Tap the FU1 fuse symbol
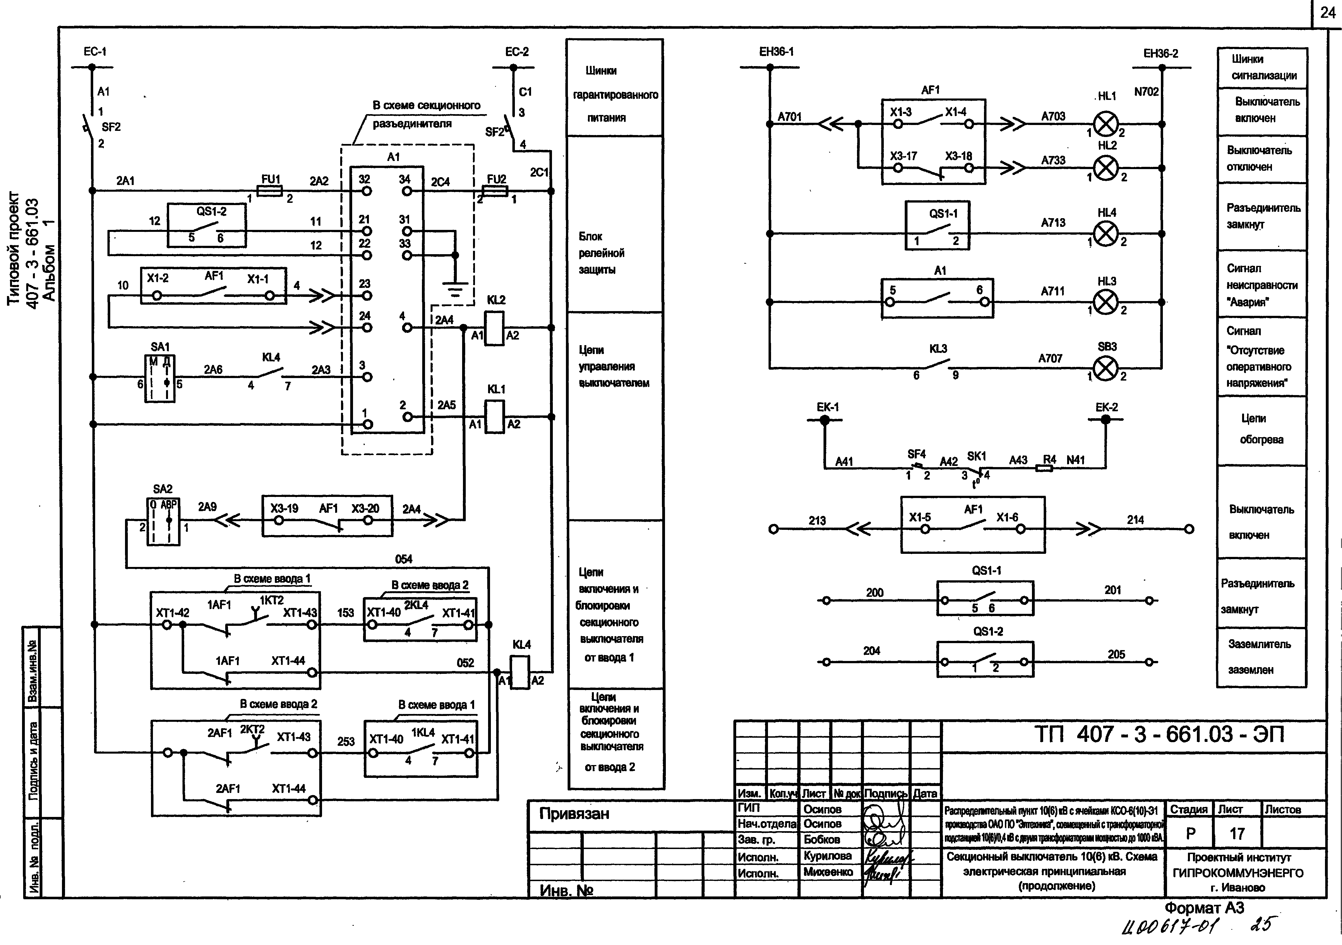coord(270,191)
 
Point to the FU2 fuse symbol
coord(495,191)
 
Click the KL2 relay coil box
coord(494,328)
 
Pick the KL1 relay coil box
coord(494,417)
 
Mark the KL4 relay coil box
coord(520,672)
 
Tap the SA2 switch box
coord(163,521)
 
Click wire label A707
coord(1050,358)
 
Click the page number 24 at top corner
coord(1327,13)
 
